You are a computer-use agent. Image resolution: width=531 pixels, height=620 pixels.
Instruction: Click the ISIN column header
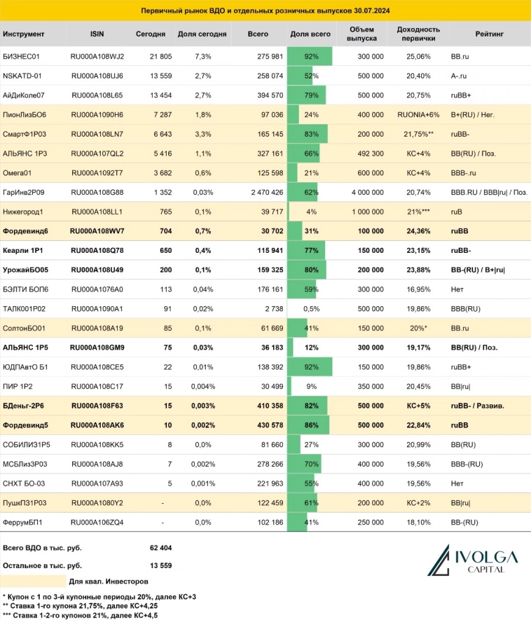point(97,34)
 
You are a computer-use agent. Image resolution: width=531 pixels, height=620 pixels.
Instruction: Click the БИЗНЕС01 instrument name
point(22,56)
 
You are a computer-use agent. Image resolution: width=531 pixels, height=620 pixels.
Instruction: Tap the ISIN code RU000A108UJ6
point(97,75)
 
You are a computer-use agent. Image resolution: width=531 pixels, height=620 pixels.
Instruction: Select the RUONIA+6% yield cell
point(418,113)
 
